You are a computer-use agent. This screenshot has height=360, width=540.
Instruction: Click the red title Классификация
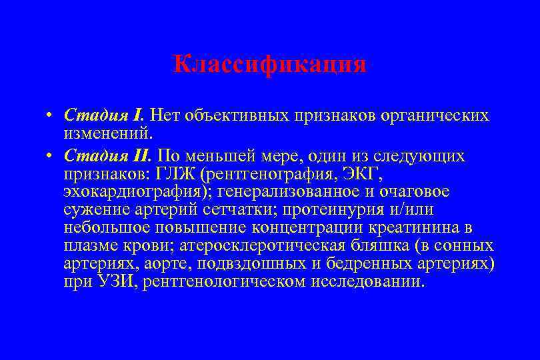269,64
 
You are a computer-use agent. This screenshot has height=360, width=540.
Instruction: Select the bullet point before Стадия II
50,156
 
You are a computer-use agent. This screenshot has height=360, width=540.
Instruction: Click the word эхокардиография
134,192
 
